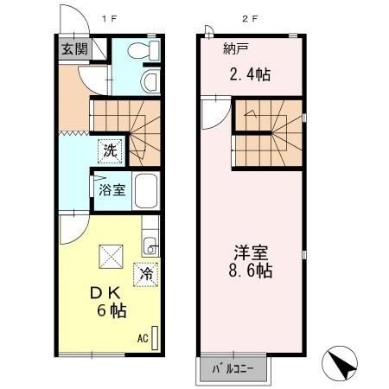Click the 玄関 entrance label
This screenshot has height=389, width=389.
[x=73, y=48]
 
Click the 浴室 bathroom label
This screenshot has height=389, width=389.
[x=111, y=189]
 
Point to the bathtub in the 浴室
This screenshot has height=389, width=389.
[x=145, y=189]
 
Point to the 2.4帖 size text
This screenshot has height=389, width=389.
[x=251, y=74]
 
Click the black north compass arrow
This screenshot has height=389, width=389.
[x=342, y=364]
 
